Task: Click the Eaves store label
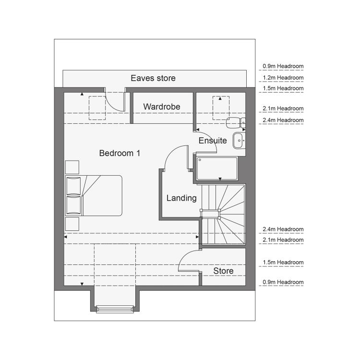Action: (153, 78)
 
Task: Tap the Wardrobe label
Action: (162, 107)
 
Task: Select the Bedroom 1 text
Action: (120, 153)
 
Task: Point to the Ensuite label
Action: (213, 141)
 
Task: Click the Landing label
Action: (181, 198)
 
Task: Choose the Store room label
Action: (223, 271)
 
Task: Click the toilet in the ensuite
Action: (236, 122)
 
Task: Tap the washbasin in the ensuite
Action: (239, 141)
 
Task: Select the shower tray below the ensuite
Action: (217, 168)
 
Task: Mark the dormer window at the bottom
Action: (115, 309)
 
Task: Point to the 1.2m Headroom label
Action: (283, 78)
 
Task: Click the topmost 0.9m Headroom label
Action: (283, 66)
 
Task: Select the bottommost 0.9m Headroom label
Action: (283, 282)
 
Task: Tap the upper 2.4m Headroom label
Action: (283, 120)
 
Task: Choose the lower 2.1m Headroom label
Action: (283, 240)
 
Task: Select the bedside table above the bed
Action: (72, 167)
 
